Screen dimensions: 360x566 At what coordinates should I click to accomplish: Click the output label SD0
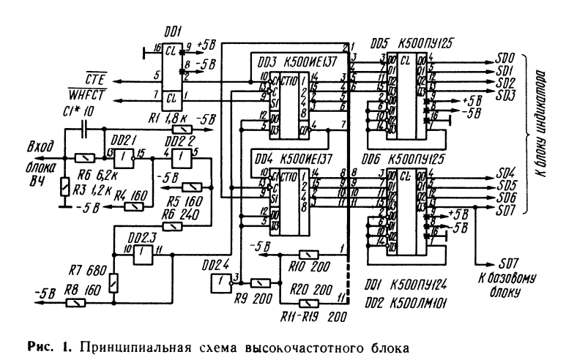click(x=504, y=57)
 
